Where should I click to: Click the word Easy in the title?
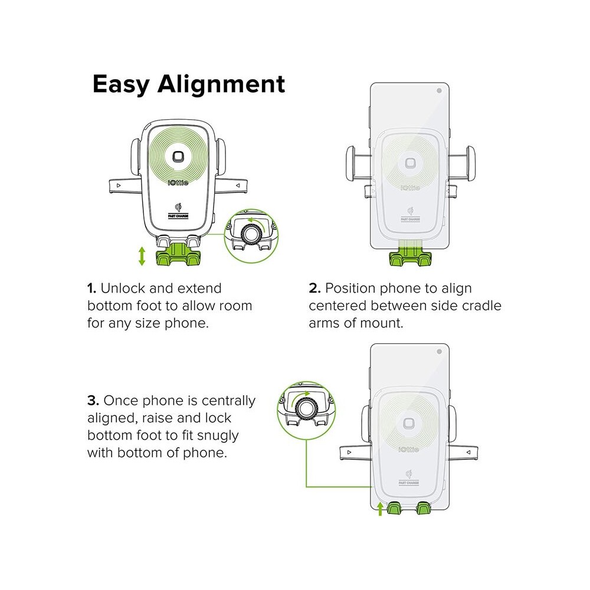click(x=121, y=85)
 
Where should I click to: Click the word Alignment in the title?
click(x=221, y=84)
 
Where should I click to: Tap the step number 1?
click(x=91, y=289)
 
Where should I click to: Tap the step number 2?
click(x=314, y=289)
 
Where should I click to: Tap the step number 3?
click(x=93, y=401)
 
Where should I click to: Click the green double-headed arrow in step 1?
click(x=142, y=256)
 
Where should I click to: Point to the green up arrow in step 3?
click(x=380, y=509)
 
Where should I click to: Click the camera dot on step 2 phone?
click(x=439, y=91)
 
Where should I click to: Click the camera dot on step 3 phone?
click(x=439, y=352)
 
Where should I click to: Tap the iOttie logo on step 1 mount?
click(x=178, y=183)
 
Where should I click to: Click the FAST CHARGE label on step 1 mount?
click(x=178, y=216)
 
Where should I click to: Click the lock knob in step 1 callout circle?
click(x=250, y=234)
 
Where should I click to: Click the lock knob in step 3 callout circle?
click(x=305, y=408)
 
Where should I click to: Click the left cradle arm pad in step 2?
click(x=350, y=163)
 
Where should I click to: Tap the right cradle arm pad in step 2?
click(x=470, y=163)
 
